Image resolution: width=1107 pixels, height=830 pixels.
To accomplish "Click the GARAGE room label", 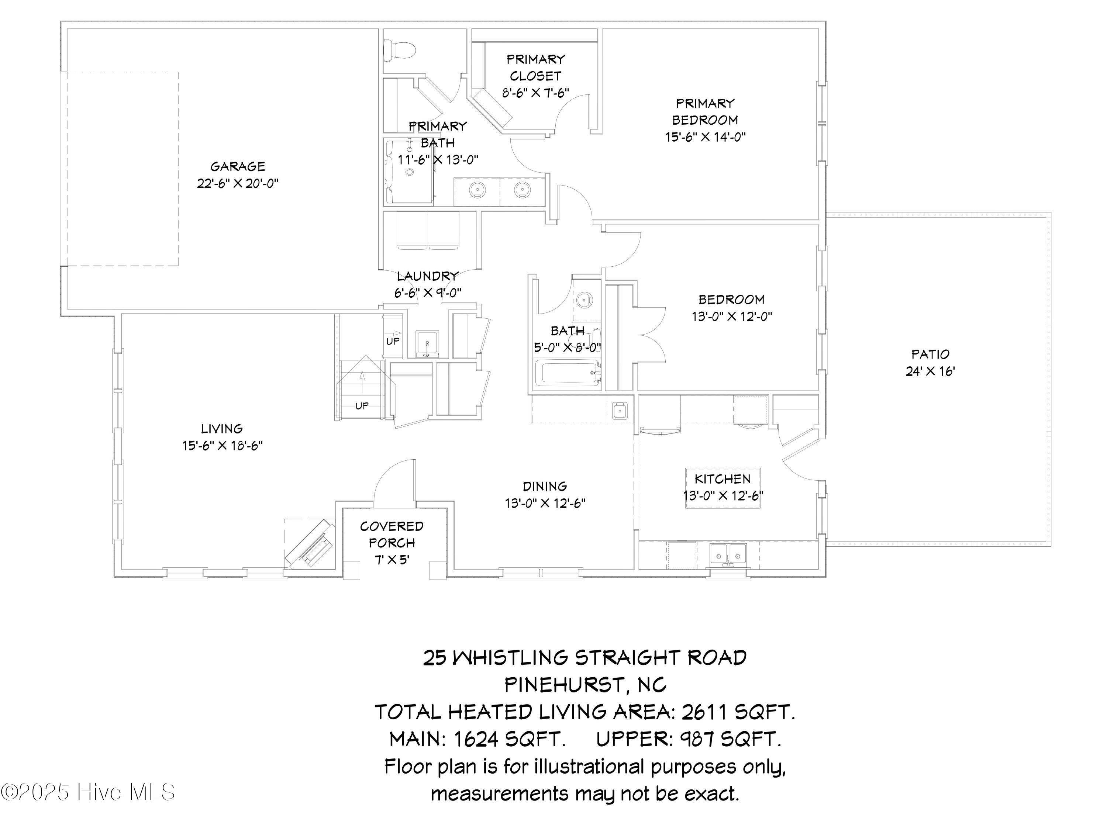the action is pos(238,166).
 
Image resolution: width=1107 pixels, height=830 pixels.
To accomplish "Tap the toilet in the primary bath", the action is pos(399,50).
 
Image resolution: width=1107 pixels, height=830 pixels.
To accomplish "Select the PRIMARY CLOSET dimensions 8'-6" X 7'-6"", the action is pos(535,93).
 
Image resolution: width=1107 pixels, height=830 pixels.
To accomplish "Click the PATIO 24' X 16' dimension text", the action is pos(930,371).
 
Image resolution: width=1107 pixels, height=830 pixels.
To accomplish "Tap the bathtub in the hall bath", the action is pos(568,374).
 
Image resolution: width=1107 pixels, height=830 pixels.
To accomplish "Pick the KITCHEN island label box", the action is pos(723,488).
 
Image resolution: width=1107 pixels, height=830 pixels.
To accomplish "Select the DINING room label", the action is pos(545,486).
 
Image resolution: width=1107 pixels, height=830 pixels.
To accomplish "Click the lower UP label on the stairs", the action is pos(362,406).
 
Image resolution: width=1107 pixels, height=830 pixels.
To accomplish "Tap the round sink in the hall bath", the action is pos(583,301).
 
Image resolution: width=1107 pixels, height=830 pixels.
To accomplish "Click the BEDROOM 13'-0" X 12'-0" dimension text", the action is pos(732,317).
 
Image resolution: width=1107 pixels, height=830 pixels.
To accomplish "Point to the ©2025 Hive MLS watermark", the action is pos(88,792).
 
